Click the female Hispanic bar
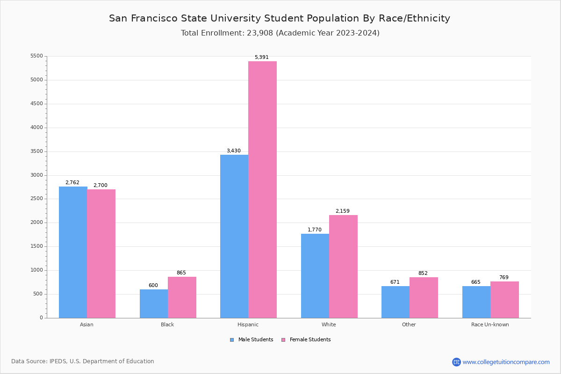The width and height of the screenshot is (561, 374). click(262, 189)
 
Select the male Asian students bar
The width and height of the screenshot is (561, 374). click(73, 252)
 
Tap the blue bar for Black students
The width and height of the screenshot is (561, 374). click(154, 303)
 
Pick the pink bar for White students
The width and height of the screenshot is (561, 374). click(343, 266)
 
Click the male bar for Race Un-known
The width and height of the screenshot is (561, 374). click(476, 302)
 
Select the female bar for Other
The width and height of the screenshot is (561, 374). click(424, 297)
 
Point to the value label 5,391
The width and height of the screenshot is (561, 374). click(261, 58)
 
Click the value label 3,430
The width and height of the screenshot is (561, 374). click(233, 151)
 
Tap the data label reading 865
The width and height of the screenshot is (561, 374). click(181, 273)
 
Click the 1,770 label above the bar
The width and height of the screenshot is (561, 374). click(314, 230)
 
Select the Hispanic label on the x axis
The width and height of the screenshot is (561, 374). click(248, 324)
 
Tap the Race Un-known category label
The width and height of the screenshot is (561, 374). click(490, 324)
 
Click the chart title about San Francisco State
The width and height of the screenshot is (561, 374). click(280, 19)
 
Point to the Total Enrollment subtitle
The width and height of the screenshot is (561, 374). click(280, 33)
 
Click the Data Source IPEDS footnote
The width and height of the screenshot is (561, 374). click(83, 361)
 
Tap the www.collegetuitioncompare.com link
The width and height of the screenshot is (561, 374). click(505, 362)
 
